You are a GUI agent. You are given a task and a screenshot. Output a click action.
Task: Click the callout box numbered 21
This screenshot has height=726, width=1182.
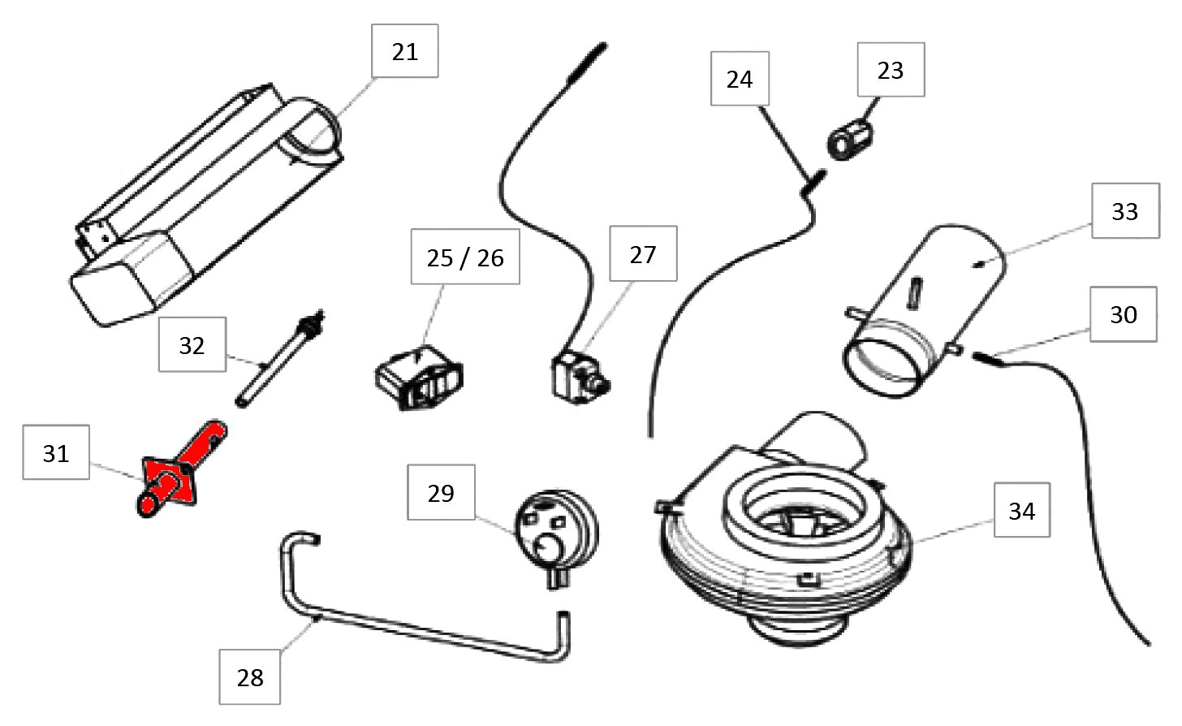click(x=405, y=51)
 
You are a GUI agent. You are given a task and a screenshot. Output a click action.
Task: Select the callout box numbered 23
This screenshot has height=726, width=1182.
click(x=891, y=71)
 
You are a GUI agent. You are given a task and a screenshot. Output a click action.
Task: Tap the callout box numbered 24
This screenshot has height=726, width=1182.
click(x=740, y=79)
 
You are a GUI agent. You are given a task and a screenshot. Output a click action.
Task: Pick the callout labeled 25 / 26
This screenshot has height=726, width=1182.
click(x=465, y=257)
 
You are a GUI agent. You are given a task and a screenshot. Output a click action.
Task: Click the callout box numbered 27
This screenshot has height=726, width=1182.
click(x=642, y=255)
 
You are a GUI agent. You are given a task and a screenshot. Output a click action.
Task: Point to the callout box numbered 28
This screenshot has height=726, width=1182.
click(x=250, y=677)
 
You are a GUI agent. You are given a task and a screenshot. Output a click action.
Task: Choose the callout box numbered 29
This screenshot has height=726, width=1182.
click(x=441, y=493)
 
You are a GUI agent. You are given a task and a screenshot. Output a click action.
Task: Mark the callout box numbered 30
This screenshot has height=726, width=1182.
click(x=1124, y=314)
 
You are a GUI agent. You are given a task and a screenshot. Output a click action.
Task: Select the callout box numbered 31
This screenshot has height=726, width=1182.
click(x=56, y=453)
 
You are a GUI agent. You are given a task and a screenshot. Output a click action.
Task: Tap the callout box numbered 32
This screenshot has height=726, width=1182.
click(x=192, y=345)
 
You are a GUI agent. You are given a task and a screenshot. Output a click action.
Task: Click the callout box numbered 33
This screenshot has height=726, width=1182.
click(x=1125, y=211)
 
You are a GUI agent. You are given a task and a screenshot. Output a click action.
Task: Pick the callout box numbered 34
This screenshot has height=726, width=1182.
click(x=1022, y=511)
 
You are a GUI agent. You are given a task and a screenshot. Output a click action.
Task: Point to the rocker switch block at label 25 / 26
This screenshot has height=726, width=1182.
click(x=419, y=378)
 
